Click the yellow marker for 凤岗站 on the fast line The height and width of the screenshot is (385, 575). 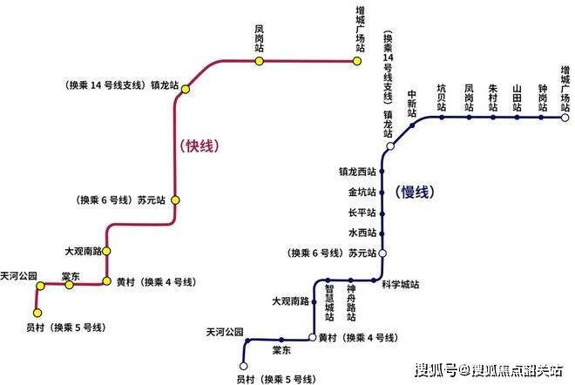260,61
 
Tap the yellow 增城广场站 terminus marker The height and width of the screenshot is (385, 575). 357,61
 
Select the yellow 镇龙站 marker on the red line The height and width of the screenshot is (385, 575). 186,89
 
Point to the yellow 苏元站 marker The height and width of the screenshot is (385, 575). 175,200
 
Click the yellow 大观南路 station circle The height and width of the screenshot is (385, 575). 106,251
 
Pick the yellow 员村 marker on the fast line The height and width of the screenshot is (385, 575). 37,313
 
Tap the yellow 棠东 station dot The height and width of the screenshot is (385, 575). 69,285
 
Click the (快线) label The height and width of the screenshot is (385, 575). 200,146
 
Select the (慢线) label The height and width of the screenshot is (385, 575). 415,192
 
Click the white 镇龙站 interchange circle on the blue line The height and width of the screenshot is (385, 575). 390,146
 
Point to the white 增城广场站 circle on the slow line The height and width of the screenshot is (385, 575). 565,118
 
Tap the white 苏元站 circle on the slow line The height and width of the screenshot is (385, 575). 382,253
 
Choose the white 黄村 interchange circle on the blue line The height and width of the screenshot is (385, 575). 312,337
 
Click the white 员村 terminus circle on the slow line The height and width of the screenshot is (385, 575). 243,366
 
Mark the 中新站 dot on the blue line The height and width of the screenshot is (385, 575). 412,125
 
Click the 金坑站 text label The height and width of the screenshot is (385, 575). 362,192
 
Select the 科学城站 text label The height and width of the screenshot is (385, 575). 401,285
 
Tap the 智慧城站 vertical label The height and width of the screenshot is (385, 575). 329,303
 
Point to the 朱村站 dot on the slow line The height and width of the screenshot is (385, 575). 493,118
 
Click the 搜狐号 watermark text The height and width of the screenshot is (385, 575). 436,370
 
